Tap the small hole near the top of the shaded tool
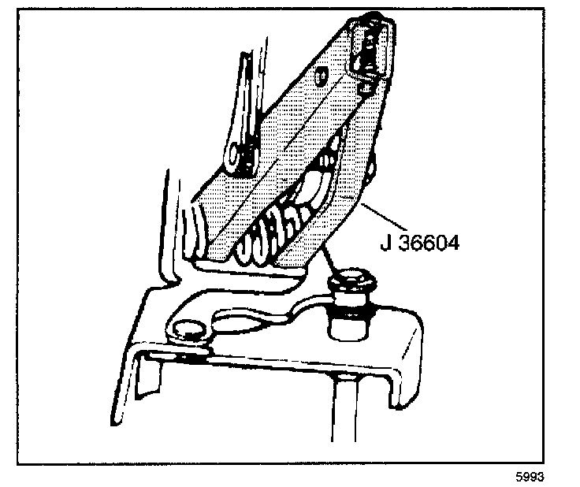click(x=322, y=76)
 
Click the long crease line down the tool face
click(x=284, y=142)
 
